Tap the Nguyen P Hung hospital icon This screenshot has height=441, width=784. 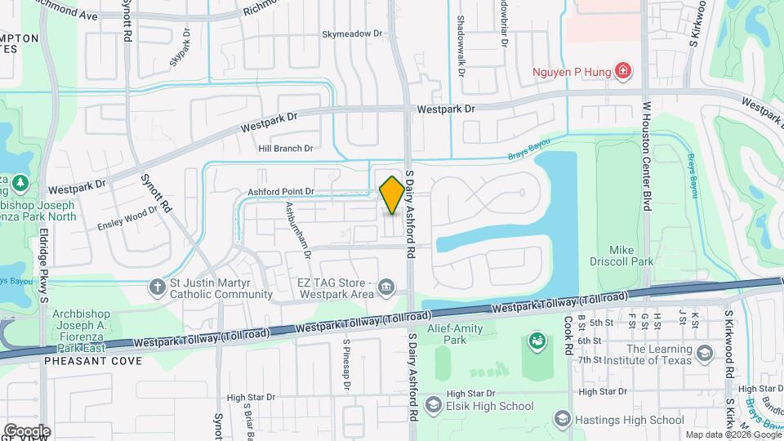[x=623, y=71]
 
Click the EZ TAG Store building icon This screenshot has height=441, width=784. [x=385, y=287]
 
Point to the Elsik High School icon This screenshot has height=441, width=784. [x=433, y=404]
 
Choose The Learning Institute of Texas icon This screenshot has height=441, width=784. [x=705, y=354]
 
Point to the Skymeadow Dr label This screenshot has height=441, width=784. [x=352, y=34]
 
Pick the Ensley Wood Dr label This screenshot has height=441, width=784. [x=127, y=218]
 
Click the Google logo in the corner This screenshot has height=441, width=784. [x=26, y=430]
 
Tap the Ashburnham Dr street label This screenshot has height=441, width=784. [x=297, y=231]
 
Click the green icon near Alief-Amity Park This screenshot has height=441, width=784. [x=537, y=340]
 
